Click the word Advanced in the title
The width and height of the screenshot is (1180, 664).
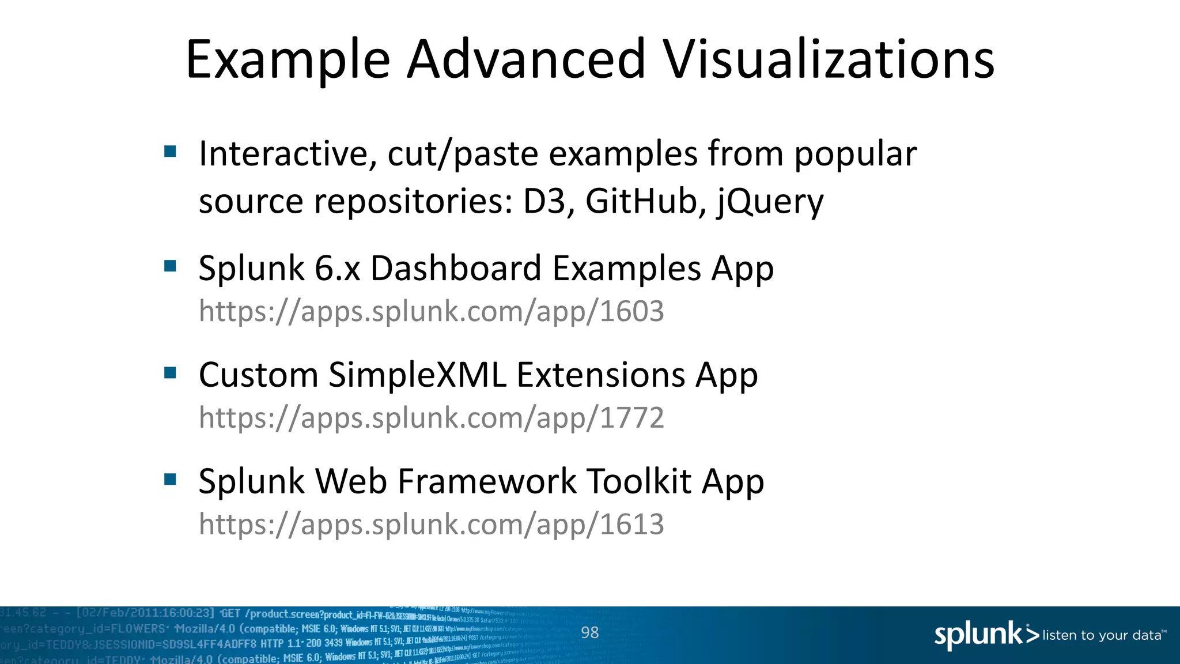tap(527, 59)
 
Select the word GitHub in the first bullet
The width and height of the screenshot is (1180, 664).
tap(641, 201)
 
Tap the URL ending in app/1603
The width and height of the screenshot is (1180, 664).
tap(431, 312)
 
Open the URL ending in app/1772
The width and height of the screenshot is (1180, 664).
tap(431, 418)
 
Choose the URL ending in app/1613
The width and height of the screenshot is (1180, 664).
tap(431, 525)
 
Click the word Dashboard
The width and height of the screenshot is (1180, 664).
tap(456, 269)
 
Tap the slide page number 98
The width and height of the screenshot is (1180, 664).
tap(589, 633)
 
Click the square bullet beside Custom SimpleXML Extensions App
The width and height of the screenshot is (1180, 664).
tap(170, 373)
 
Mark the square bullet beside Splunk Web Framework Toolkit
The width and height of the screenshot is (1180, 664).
tap(170, 480)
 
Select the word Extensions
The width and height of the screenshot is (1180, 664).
tap(601, 375)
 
